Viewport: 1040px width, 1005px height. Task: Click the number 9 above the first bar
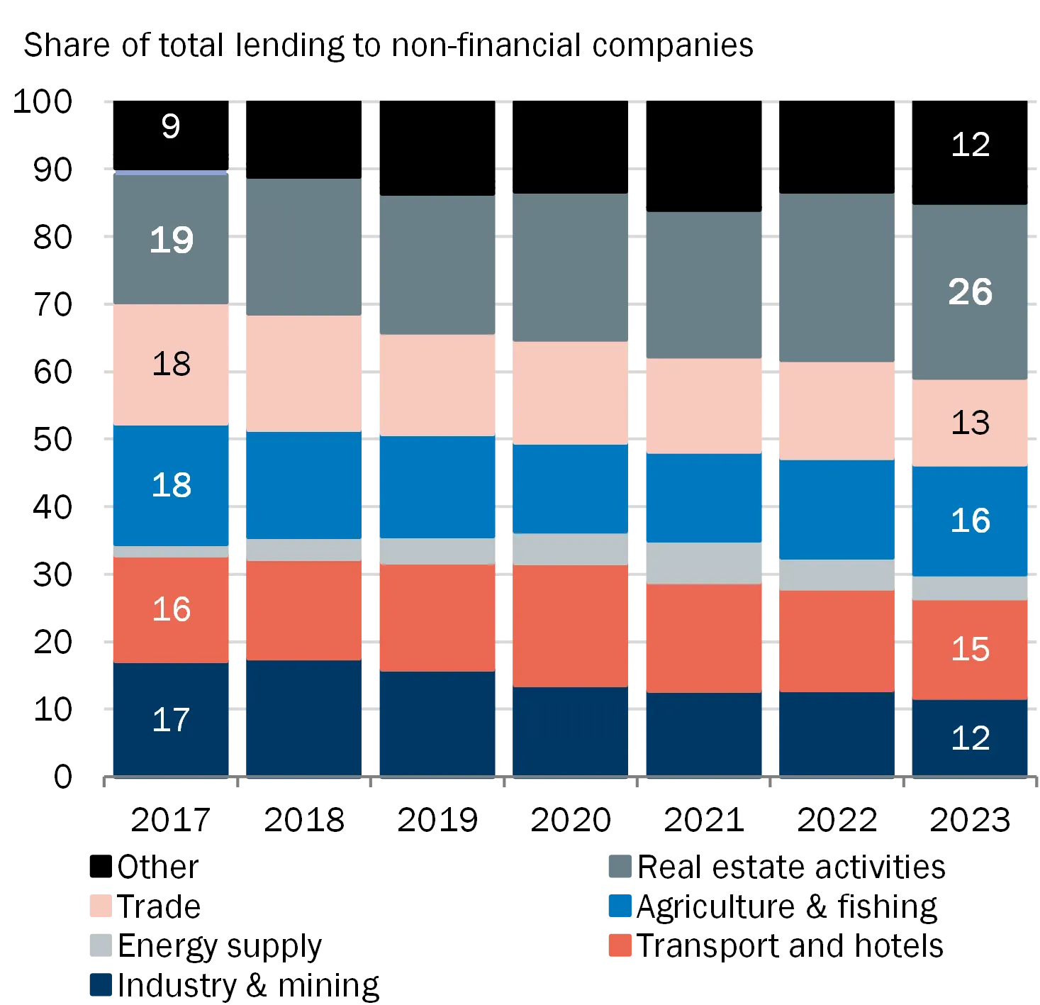(171, 127)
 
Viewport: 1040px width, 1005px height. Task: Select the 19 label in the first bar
(171, 240)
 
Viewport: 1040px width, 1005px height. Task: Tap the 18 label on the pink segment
(171, 364)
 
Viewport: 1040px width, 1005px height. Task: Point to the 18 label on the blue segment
(171, 485)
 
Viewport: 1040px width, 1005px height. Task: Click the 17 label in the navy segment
(171, 720)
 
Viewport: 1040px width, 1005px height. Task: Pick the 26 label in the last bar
(970, 292)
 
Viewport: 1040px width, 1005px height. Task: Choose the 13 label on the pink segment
(970, 423)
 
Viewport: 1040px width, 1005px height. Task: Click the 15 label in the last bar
(970, 649)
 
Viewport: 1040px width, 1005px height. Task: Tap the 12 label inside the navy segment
(970, 738)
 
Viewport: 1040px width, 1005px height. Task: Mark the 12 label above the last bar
(970, 145)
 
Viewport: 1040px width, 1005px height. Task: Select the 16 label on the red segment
(171, 609)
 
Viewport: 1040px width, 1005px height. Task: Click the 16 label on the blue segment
(970, 521)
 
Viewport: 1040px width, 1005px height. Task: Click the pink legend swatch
(99, 905)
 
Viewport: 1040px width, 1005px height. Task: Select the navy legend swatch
(99, 984)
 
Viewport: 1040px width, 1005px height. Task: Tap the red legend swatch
(621, 945)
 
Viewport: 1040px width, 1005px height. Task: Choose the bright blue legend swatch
(621, 905)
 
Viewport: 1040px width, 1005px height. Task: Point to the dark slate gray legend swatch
(621, 865)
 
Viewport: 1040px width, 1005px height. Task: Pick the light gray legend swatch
(99, 945)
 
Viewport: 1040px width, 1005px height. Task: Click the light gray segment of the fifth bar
(703, 563)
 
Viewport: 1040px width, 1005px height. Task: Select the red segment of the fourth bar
(570, 626)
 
